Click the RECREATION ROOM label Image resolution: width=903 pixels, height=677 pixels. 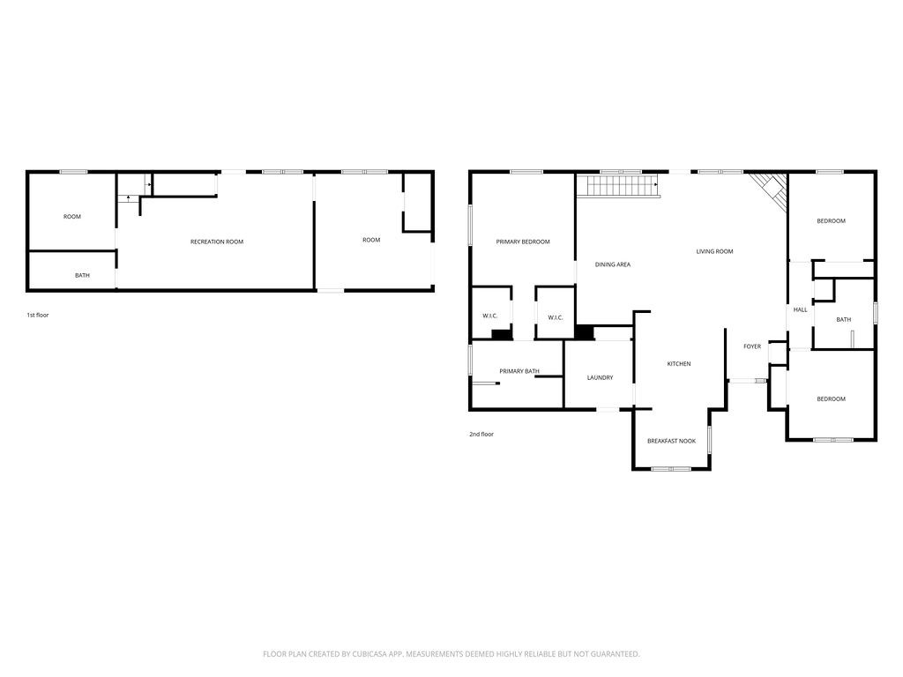tap(217, 242)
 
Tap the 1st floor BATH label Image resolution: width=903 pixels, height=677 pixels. tap(82, 276)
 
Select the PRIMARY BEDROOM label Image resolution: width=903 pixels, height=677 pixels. tap(523, 242)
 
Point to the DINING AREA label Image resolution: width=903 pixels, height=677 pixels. tap(613, 264)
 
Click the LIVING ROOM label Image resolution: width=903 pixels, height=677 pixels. tap(714, 252)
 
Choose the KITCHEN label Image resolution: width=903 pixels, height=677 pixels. tap(679, 364)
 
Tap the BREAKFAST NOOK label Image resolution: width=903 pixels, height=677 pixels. tap(672, 441)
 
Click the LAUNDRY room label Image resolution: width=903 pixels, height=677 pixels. tap(600, 378)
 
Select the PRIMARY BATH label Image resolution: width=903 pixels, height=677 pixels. tap(519, 371)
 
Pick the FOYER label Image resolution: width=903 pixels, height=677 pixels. tap(752, 346)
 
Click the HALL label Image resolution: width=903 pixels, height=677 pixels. tap(801, 310)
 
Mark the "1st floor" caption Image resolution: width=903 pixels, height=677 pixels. tap(38, 315)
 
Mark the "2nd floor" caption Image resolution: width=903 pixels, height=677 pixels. tap(481, 434)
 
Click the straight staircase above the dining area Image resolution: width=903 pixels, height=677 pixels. tap(617, 186)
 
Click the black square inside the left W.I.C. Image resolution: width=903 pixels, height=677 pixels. tap(501, 334)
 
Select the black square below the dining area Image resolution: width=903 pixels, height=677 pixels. tap(585, 332)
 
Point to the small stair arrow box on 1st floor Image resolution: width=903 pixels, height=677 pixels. tap(130, 185)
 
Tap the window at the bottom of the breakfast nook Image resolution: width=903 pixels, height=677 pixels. tap(671, 469)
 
